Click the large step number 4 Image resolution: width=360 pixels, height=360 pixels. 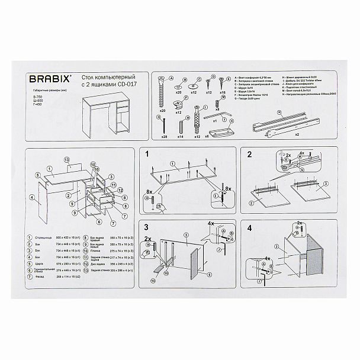tap(249, 227)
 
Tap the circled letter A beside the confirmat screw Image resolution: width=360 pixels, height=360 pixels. tap(171, 78)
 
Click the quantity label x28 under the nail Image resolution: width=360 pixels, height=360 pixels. tap(163, 136)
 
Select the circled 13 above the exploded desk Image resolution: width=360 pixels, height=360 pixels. tap(67, 160)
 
